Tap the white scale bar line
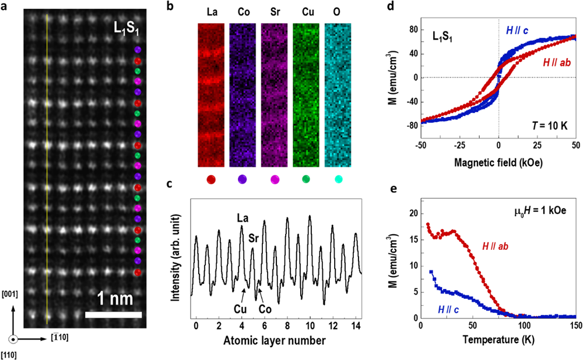click(113, 315)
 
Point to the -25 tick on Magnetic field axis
click(459, 150)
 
